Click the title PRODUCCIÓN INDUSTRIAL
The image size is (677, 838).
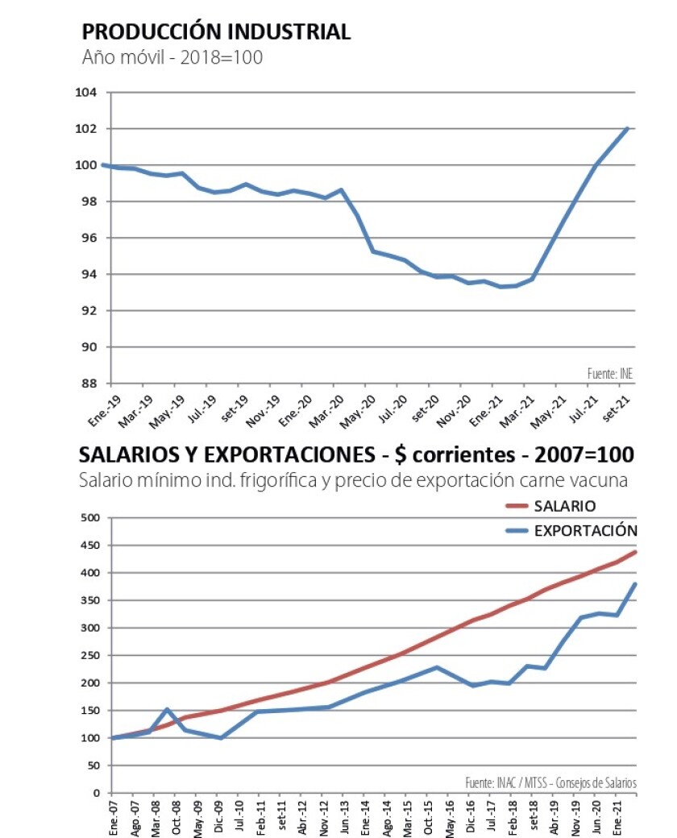[x=216, y=32]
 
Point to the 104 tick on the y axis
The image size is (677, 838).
[x=87, y=93]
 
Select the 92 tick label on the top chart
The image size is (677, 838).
[x=89, y=311]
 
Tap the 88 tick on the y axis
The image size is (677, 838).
[x=89, y=384]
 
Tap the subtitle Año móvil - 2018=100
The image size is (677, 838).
[x=172, y=59]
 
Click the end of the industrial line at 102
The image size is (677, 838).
[x=627, y=129]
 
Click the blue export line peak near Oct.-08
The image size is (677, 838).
[x=166, y=710]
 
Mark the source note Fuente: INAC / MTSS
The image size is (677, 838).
[x=550, y=782]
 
